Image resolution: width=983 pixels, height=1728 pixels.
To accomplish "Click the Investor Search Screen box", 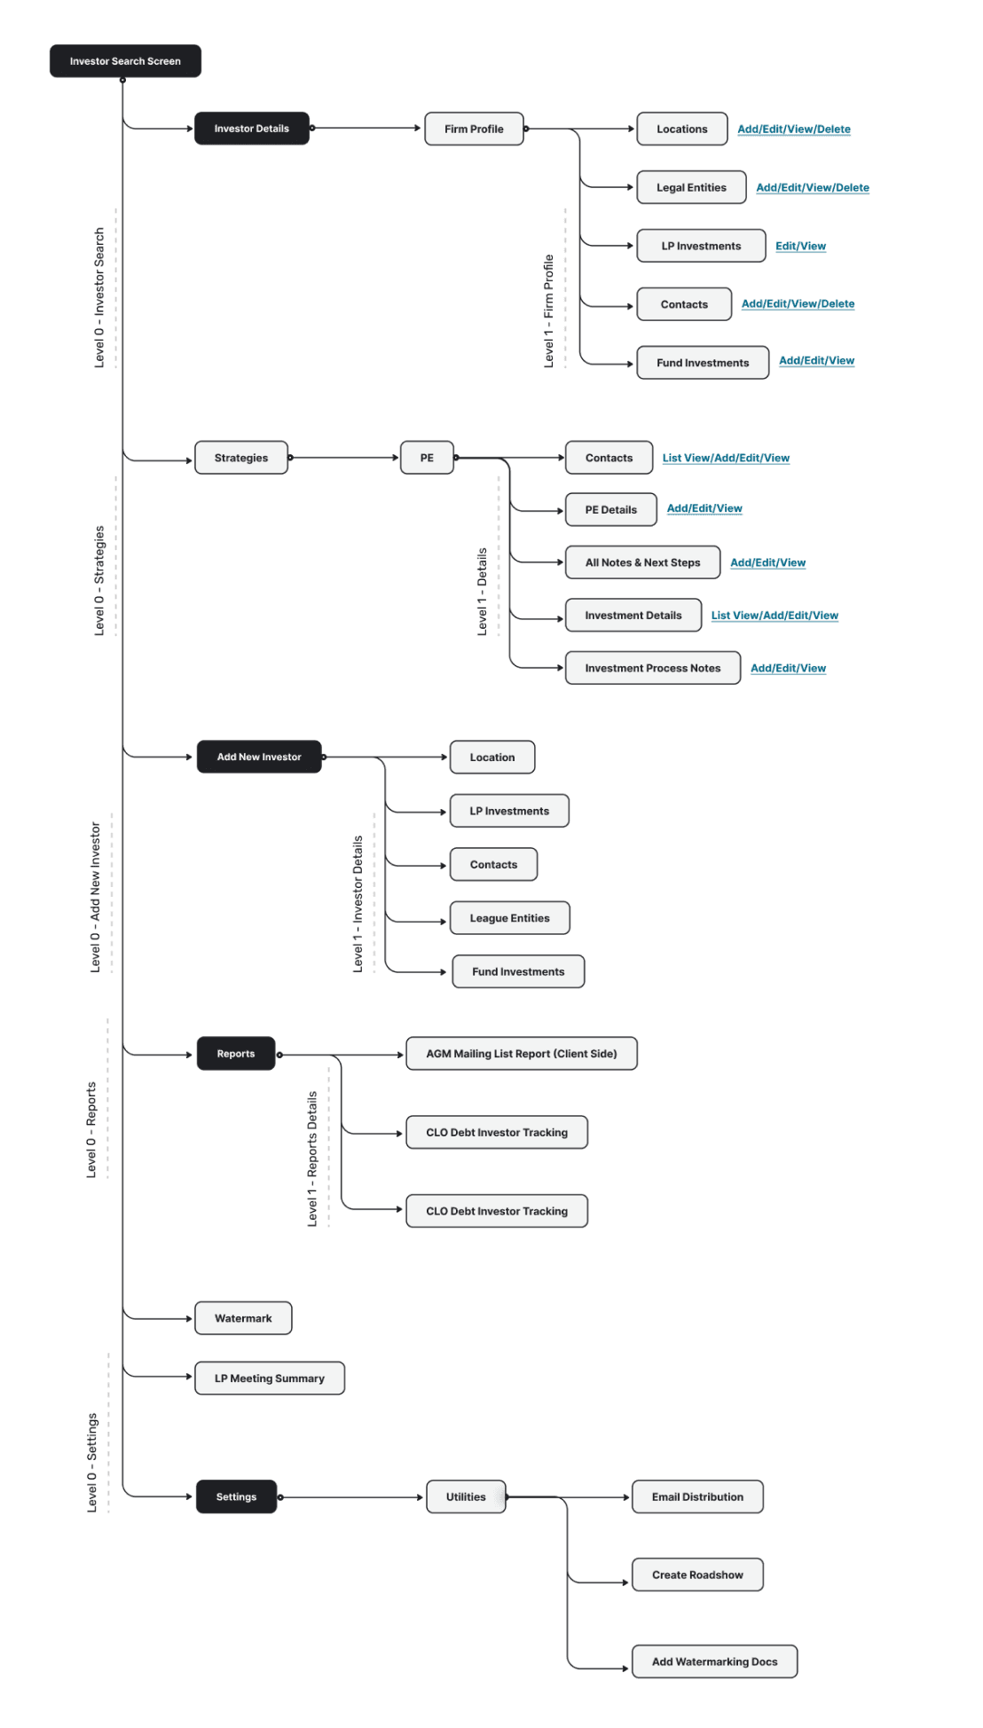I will tap(125, 61).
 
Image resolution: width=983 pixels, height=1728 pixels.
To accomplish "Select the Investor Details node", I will tap(252, 129).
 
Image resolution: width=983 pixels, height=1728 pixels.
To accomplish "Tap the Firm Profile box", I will tap(474, 129).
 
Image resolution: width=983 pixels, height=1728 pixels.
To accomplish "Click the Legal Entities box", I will tap(691, 187).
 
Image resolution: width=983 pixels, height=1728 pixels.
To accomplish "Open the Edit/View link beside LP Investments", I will tap(800, 246).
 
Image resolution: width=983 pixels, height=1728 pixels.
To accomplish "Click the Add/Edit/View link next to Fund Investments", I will tap(816, 361).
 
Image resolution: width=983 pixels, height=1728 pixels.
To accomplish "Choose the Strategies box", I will tap(241, 458).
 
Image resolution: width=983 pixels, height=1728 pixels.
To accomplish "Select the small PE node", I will tap(427, 458).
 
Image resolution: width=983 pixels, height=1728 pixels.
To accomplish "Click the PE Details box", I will tap(610, 509).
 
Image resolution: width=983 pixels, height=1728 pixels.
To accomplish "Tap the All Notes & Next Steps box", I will tap(642, 562).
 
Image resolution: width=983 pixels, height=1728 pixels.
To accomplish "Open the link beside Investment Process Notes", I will tap(788, 668).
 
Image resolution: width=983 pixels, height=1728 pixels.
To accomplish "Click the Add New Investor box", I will tap(259, 757).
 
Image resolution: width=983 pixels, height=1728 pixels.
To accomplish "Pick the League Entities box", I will tap(509, 918).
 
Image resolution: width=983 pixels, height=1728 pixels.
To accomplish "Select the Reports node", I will tap(236, 1054).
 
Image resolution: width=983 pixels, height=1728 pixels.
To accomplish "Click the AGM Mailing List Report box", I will tap(522, 1054).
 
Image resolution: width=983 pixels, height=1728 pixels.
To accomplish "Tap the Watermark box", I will tap(243, 1318).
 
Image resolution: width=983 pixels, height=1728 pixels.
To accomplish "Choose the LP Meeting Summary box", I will tap(270, 1378).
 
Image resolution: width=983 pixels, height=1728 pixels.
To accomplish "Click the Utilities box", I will tap(466, 1496).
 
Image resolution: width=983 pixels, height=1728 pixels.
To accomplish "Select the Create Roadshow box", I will tap(697, 1575).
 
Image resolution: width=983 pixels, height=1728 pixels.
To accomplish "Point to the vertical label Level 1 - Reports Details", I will tap(312, 1159).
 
